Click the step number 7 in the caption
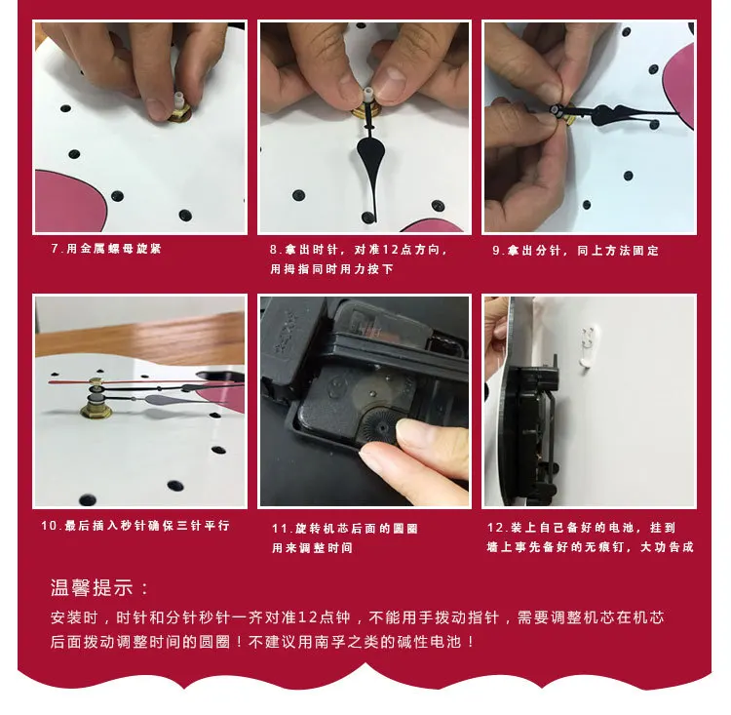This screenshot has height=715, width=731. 55,249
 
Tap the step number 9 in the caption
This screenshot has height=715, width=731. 496,251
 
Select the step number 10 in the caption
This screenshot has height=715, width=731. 49,526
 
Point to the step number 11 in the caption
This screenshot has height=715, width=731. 280,529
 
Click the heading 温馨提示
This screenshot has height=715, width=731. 92,587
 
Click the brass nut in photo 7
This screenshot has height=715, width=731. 179,112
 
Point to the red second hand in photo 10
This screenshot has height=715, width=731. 139,381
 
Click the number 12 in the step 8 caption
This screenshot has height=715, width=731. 390,250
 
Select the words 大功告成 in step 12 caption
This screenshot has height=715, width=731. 667,547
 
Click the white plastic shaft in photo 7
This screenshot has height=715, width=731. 178,100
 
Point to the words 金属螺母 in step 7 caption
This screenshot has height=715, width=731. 99,249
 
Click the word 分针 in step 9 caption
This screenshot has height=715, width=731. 548,251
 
